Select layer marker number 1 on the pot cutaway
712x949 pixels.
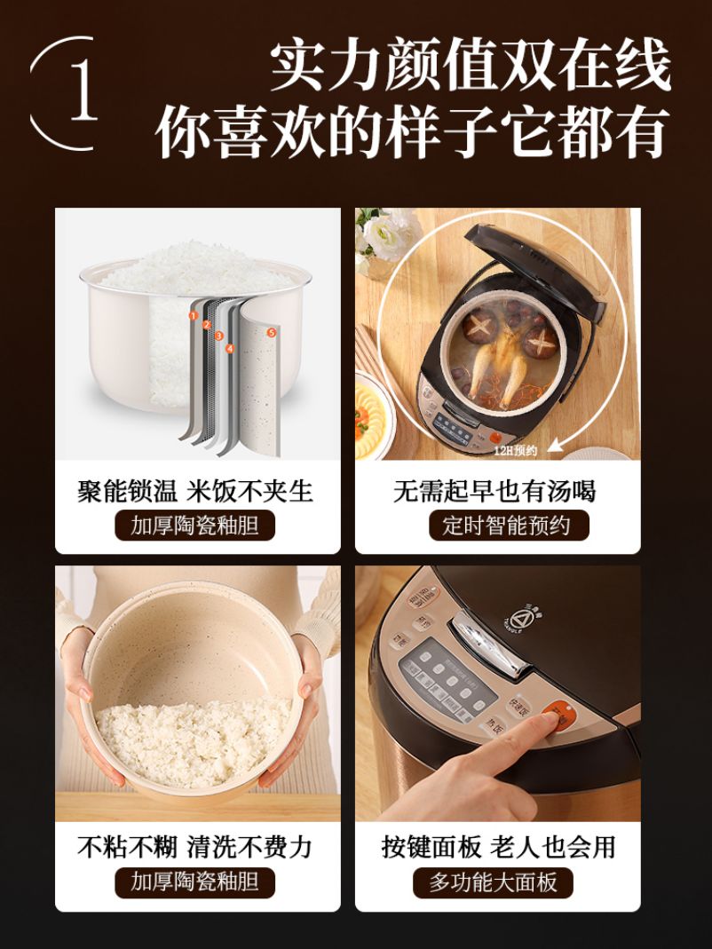click(x=193, y=314)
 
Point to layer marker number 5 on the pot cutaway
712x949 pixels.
click(x=271, y=332)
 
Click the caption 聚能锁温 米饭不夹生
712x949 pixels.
click(x=195, y=491)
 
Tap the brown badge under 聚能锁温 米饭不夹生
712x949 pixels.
click(x=195, y=526)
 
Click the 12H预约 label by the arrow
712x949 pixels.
click(x=517, y=450)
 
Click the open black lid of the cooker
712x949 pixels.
click(x=533, y=257)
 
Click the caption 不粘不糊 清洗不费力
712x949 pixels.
click(x=195, y=847)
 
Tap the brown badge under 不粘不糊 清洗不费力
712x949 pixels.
click(x=195, y=882)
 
